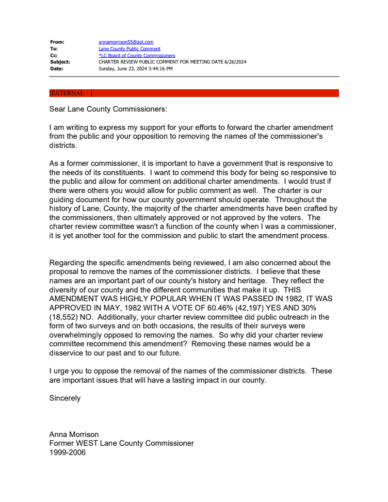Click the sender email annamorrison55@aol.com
(126, 42)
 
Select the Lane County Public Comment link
(129, 49)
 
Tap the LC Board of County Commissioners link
(137, 56)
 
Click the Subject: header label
(60, 62)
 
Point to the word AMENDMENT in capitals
(73, 299)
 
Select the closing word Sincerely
(65, 398)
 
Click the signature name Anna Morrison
(74, 435)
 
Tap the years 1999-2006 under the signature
(67, 453)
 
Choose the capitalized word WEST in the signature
(88, 443)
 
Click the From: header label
(57, 42)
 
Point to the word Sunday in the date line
(107, 69)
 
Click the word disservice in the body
(67, 353)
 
